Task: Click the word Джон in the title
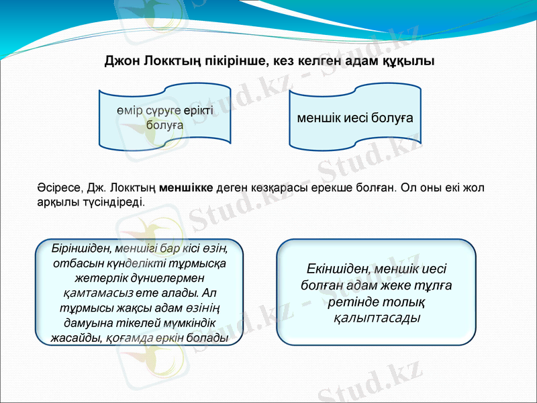coord(121,61)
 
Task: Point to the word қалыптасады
coord(376,317)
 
